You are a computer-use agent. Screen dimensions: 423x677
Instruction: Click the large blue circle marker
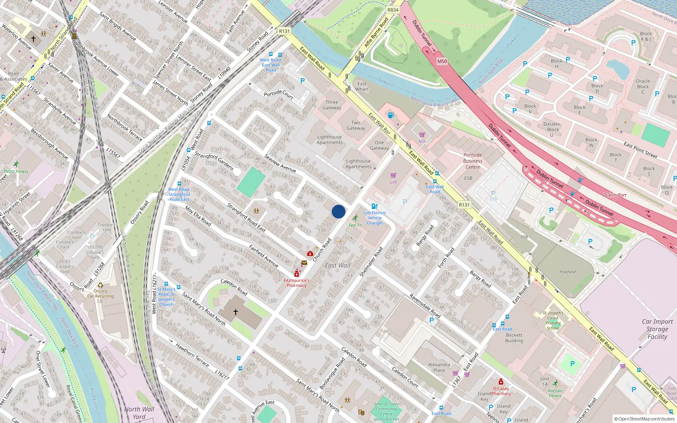click(x=338, y=211)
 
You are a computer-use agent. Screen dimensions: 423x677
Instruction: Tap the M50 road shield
click(x=442, y=61)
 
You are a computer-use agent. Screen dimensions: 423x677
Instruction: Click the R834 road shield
click(x=393, y=10)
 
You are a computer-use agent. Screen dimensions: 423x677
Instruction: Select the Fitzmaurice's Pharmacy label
click(x=296, y=283)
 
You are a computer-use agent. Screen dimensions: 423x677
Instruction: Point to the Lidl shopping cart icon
click(x=394, y=175)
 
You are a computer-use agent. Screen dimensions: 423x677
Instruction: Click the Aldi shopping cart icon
click(x=422, y=135)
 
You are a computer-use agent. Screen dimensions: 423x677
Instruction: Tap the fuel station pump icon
click(x=391, y=115)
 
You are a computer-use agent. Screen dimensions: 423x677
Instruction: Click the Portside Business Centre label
click(x=473, y=161)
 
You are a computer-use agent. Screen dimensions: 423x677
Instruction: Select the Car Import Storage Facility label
click(x=657, y=329)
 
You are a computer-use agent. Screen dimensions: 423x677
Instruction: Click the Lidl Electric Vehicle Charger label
click(x=375, y=218)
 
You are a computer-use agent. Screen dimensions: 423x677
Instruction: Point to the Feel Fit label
click(x=355, y=225)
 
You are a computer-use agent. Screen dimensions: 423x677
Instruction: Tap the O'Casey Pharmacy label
click(x=501, y=391)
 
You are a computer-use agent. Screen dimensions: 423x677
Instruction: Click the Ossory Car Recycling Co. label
click(x=100, y=296)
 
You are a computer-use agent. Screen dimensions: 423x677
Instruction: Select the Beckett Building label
click(x=514, y=338)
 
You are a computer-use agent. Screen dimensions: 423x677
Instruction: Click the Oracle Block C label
click(x=643, y=86)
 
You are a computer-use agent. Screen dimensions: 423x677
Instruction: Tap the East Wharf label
click(x=362, y=86)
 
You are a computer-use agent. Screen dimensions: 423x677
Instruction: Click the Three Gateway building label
click(x=332, y=105)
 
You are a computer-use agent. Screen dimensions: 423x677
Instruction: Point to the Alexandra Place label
click(x=439, y=367)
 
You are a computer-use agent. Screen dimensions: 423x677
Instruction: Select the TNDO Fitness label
click(x=16, y=171)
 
